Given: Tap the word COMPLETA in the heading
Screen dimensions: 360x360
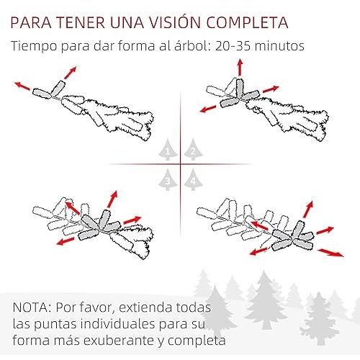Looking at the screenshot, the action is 247,22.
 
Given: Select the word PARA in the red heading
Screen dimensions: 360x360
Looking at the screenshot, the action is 31,22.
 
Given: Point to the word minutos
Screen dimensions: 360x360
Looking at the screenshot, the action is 279,46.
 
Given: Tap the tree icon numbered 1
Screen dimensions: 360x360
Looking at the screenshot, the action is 168,150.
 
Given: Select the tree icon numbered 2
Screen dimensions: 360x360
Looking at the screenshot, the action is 193,150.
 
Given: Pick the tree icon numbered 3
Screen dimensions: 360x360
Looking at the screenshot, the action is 168,179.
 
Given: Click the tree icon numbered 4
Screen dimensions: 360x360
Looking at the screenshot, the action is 193,179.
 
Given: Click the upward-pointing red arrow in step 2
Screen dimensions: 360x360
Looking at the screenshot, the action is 240,67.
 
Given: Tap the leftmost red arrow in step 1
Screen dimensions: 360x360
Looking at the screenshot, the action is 22,86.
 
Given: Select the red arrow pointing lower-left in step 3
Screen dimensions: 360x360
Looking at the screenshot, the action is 66,241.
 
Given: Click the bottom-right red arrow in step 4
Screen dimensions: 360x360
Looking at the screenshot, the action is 330,253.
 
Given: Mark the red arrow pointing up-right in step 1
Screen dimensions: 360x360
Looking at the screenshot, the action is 70,73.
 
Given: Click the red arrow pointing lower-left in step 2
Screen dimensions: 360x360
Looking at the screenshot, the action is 208,109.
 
